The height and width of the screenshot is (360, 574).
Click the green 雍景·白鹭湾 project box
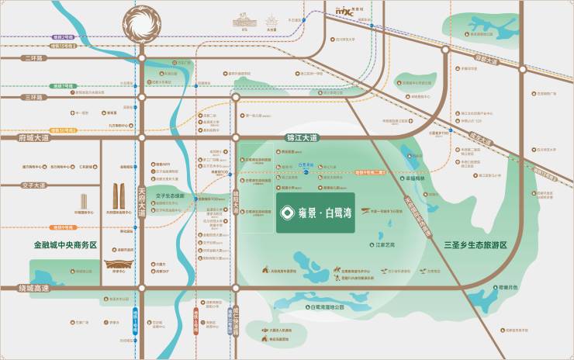tap(315, 213)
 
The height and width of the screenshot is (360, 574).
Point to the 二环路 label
tap(33, 58)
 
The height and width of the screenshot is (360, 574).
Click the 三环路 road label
tap(33, 98)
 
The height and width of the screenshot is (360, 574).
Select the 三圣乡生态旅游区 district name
tap(475, 245)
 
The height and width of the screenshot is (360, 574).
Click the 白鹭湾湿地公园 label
tap(325, 307)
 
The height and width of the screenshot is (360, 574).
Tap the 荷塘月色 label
tap(508, 286)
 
